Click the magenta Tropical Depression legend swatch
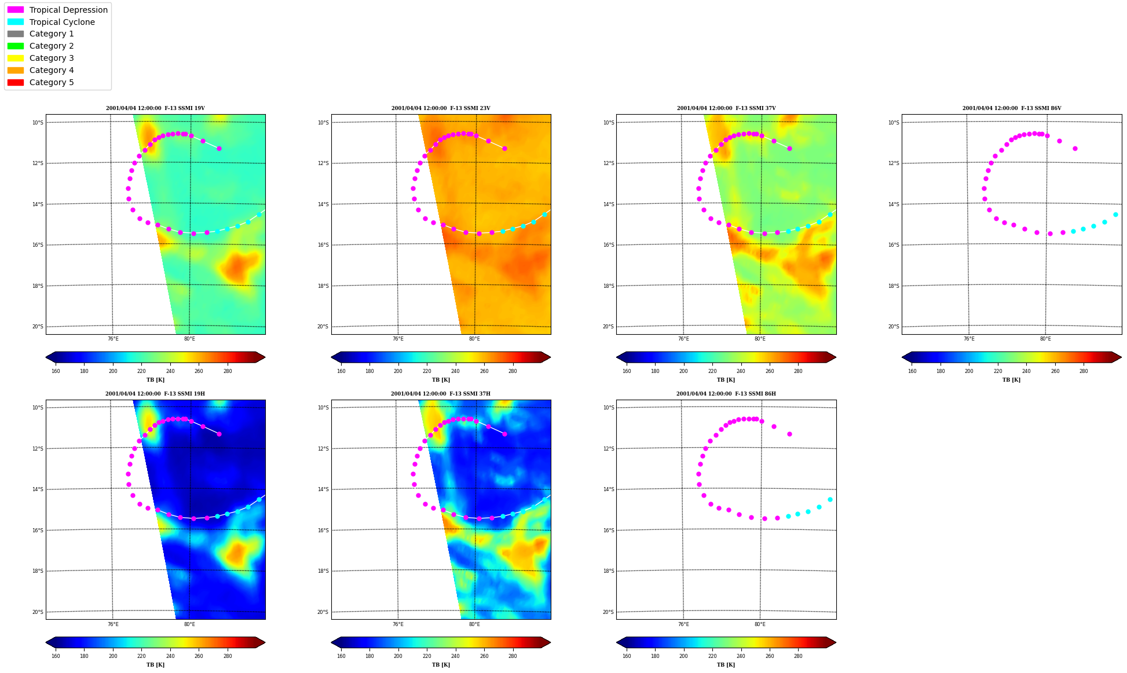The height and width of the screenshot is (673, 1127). (16, 10)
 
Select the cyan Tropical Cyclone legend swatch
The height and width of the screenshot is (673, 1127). (16, 22)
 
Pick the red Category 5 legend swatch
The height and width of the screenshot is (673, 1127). (16, 82)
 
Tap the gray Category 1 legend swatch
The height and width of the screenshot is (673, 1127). (16, 34)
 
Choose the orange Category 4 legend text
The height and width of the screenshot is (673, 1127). (52, 70)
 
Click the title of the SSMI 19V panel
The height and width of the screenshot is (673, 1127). (155, 108)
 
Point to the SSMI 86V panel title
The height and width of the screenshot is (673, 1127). (1012, 108)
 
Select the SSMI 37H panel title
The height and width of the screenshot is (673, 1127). (441, 394)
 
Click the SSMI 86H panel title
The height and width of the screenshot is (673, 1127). (726, 394)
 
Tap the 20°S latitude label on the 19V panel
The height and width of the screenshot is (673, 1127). (38, 327)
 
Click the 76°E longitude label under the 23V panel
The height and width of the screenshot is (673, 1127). (398, 339)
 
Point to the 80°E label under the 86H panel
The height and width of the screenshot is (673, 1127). (760, 624)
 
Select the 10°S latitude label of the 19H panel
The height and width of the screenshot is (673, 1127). (38, 408)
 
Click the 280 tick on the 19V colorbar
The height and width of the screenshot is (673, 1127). (228, 371)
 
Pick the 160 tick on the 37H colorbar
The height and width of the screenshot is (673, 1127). (341, 656)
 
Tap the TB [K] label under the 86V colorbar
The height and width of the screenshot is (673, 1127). (1012, 380)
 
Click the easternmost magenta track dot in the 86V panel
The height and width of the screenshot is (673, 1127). (1075, 148)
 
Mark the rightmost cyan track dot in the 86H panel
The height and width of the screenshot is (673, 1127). (830, 499)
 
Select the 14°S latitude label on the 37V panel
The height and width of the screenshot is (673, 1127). (608, 204)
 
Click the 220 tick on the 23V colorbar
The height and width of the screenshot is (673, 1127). (427, 371)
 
